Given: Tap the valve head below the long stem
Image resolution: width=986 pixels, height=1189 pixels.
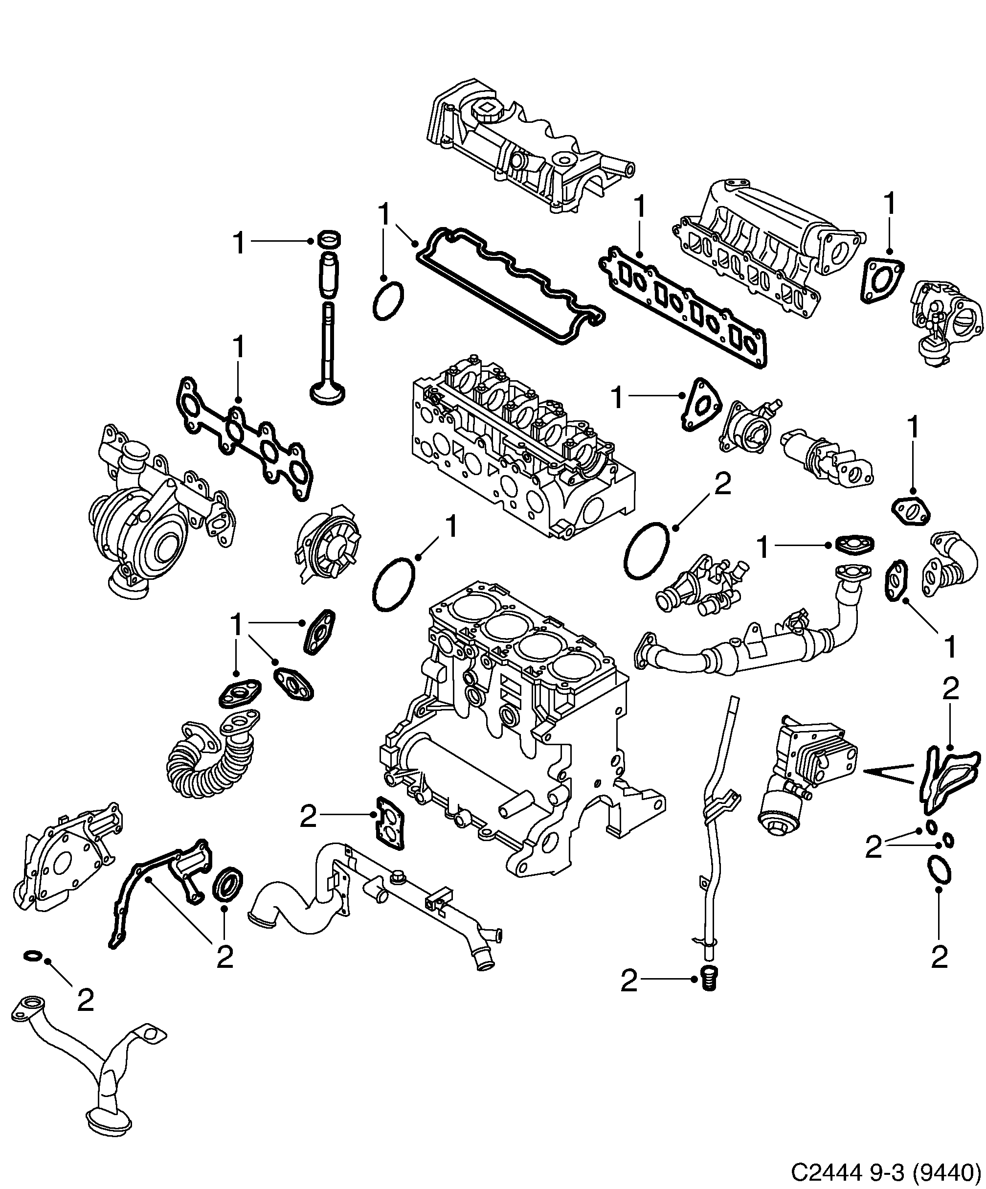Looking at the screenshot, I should (x=328, y=393).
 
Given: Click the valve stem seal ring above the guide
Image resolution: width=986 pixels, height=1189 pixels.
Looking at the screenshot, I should (x=331, y=239).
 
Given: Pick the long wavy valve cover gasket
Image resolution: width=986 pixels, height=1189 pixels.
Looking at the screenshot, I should (x=510, y=286).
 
